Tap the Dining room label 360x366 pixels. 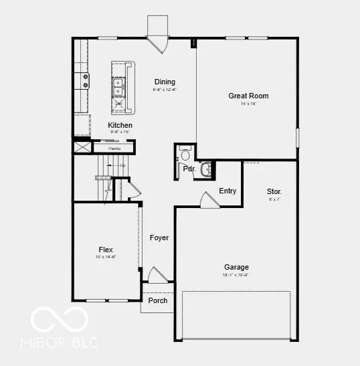[165, 82]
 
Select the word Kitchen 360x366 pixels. [120, 125]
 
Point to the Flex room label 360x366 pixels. [106, 250]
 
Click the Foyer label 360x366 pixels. [159, 238]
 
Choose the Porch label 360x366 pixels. [158, 300]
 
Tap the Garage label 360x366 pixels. [236, 267]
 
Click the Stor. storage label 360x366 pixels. [274, 191]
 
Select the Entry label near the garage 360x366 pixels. [228, 191]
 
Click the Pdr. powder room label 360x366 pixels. [189, 169]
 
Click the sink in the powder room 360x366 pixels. [205, 169]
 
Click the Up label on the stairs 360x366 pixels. [122, 165]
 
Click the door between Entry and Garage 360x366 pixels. [208, 200]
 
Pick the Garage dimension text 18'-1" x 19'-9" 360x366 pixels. [236, 275]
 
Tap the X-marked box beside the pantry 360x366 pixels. [82, 148]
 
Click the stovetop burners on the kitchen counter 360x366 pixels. [86, 81]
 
